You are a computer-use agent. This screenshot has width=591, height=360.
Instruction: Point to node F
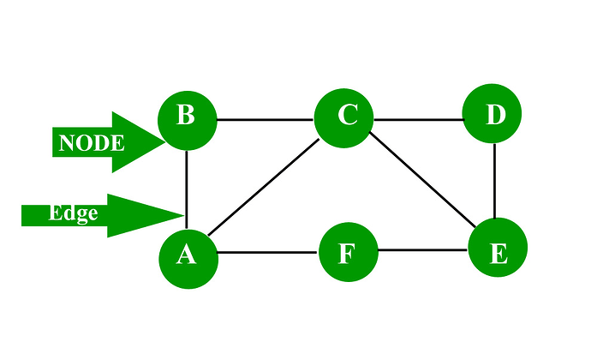point(347,252)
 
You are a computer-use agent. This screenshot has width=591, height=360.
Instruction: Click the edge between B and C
point(266,119)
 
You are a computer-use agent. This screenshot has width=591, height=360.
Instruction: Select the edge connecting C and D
point(419,118)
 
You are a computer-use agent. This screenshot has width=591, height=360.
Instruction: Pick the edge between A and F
point(267,253)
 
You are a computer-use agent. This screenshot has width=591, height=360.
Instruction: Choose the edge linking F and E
point(422,251)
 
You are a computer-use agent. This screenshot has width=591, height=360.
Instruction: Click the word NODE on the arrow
point(92,143)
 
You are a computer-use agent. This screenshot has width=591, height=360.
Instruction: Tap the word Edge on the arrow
point(73,213)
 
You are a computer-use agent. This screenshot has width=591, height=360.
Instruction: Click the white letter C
point(347,115)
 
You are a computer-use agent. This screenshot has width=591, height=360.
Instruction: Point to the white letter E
point(498,253)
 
